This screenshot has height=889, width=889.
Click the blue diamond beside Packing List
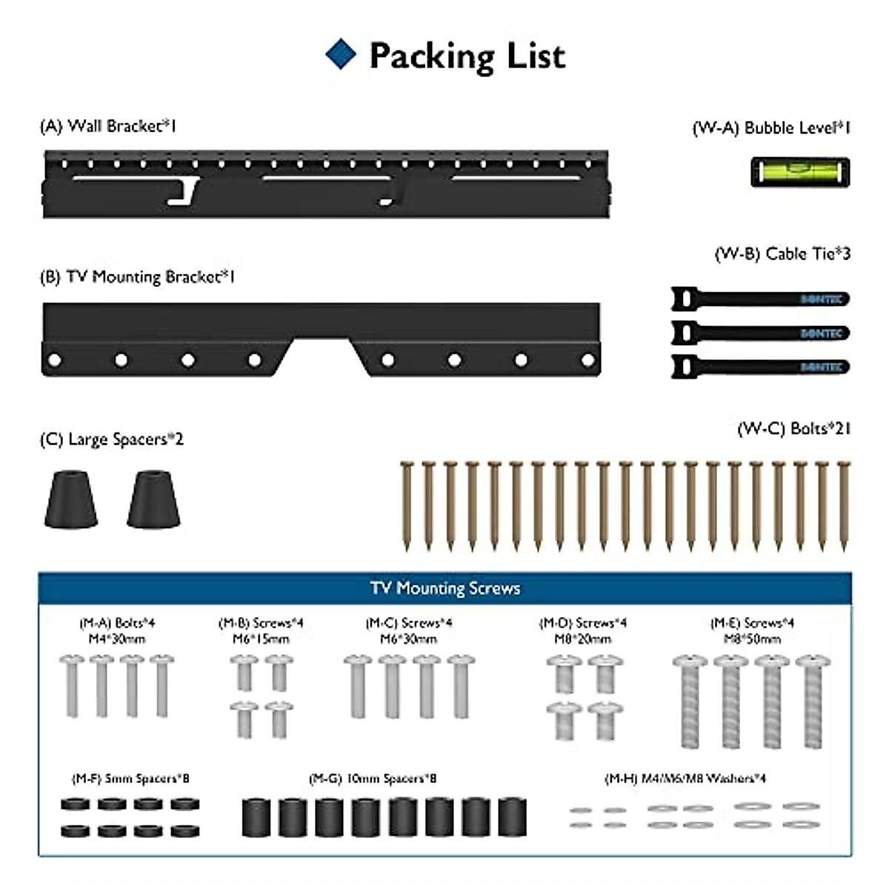pyautogui.click(x=341, y=55)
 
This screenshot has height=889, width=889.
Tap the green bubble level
pyautogui.click(x=800, y=172)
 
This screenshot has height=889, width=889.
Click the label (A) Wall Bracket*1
pyautogui.click(x=108, y=126)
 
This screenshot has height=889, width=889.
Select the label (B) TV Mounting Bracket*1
pyautogui.click(x=137, y=277)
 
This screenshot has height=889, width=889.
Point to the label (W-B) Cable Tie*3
pyautogui.click(x=782, y=254)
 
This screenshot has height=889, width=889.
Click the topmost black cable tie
pyautogui.click(x=760, y=299)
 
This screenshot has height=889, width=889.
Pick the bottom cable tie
pyautogui.click(x=760, y=367)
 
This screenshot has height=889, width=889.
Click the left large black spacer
pyautogui.click(x=71, y=499)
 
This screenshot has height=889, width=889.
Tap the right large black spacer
pyautogui.click(x=153, y=499)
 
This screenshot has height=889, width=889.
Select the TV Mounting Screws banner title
pyautogui.click(x=444, y=588)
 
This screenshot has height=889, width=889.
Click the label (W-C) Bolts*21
pyautogui.click(x=793, y=429)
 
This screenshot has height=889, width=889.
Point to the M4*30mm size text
pyautogui.click(x=117, y=639)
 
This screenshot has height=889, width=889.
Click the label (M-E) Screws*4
pyautogui.click(x=752, y=623)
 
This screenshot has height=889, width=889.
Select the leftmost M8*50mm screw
pyautogui.click(x=690, y=700)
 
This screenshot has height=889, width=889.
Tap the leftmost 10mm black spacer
pyautogui.click(x=256, y=818)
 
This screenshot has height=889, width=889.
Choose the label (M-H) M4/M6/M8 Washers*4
pyautogui.click(x=685, y=779)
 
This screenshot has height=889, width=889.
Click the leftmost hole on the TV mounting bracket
pyautogui.click(x=53, y=361)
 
